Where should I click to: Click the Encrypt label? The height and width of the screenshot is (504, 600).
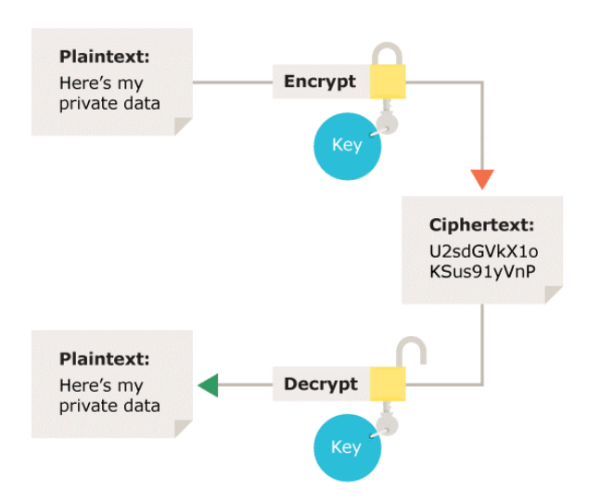click(320, 82)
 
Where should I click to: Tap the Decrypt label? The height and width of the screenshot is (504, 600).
click(320, 383)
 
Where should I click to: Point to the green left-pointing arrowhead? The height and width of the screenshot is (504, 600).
click(207, 384)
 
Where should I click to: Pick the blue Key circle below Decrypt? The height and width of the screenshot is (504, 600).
click(345, 447)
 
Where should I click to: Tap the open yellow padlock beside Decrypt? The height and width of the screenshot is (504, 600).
click(388, 382)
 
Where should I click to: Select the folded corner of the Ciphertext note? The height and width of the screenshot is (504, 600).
click(553, 294)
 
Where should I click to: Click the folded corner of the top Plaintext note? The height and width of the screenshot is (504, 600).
click(183, 125)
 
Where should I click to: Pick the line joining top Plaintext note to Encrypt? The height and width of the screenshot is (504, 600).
click(233, 83)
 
